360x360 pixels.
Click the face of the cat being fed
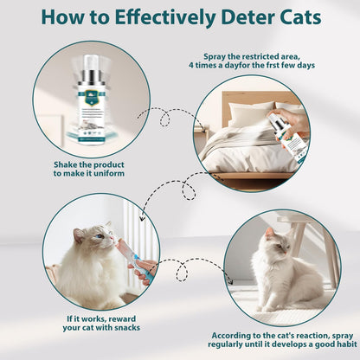click(102, 237)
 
